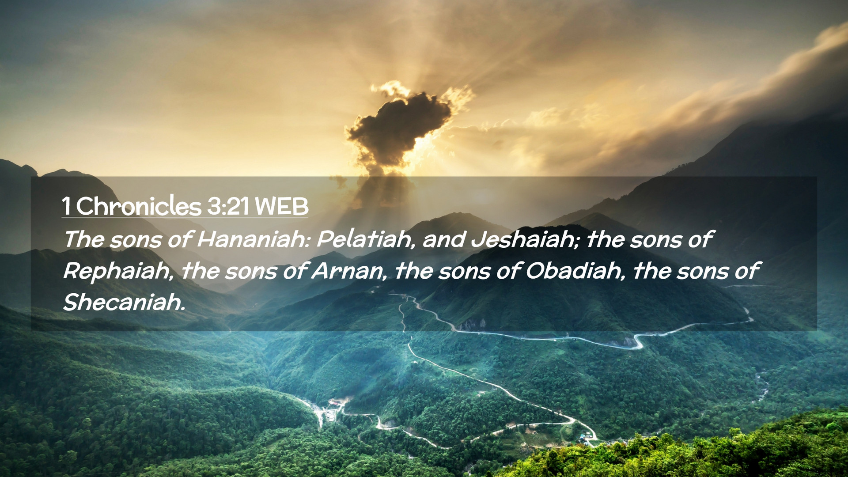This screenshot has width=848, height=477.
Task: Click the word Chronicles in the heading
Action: click(139, 206)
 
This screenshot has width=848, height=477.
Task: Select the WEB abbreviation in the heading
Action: click(281, 206)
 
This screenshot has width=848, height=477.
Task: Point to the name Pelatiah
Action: click(366, 239)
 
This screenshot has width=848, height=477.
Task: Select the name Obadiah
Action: click(575, 271)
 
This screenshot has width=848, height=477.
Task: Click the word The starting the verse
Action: click(84, 239)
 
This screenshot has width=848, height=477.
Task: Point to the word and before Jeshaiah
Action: click(444, 239)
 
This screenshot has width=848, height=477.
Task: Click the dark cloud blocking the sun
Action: click(397, 128)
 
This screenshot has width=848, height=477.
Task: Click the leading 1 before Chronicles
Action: click(67, 206)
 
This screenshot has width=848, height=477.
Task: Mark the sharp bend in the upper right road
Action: click(636, 342)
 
